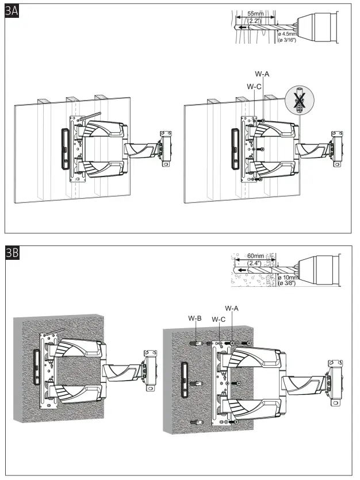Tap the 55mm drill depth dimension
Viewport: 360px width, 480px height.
(x=256, y=12)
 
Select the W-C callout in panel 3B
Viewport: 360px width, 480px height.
(x=219, y=319)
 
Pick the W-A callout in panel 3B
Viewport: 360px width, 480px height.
(x=232, y=309)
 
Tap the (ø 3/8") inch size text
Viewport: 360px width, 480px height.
(x=289, y=283)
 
